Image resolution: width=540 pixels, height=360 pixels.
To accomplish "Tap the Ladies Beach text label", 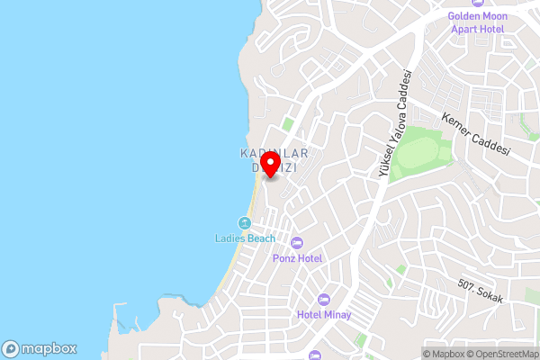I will coord(245,238).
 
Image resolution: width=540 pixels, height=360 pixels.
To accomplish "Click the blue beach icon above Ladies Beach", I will coord(244,223).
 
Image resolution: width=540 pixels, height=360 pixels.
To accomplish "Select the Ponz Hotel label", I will coord(297,258).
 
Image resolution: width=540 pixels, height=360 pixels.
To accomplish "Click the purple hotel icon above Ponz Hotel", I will coord(297,242).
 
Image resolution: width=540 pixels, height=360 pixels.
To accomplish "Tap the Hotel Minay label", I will coord(324,315).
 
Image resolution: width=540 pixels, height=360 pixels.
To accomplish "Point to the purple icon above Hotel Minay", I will coord(324,299).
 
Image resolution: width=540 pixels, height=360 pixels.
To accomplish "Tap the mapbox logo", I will coord(39,348).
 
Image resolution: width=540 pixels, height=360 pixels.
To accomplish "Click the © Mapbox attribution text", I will coord(443,354).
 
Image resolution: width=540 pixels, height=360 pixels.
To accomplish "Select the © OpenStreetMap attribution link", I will coord(502,354).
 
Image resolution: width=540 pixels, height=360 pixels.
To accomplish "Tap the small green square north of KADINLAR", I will coord(288,124).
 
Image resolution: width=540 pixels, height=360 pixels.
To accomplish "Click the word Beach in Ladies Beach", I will coord(260,238).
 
